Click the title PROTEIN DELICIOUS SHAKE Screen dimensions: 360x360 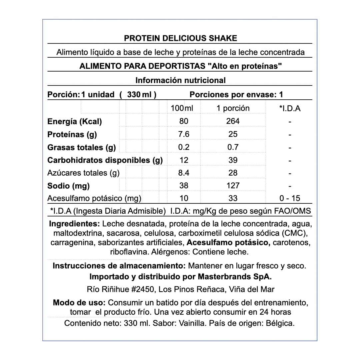(180, 38)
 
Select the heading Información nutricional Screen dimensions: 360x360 (180, 80)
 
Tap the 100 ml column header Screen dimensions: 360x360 (182, 108)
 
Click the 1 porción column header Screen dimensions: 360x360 (233, 108)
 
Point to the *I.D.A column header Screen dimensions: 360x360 (290, 108)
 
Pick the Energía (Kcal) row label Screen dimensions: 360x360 (75, 121)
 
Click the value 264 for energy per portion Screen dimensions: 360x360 (233, 121)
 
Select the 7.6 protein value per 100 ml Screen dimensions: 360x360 (184, 134)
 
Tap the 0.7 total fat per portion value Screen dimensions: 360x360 (233, 147)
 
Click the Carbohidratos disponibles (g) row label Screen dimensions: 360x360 (105, 160)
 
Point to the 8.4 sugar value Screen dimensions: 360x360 (184, 173)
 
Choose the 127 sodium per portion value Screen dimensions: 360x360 (233, 186)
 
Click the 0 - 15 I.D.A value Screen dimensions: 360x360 (290, 198)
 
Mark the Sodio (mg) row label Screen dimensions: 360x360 (68, 186)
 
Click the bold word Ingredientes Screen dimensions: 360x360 (74, 223)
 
